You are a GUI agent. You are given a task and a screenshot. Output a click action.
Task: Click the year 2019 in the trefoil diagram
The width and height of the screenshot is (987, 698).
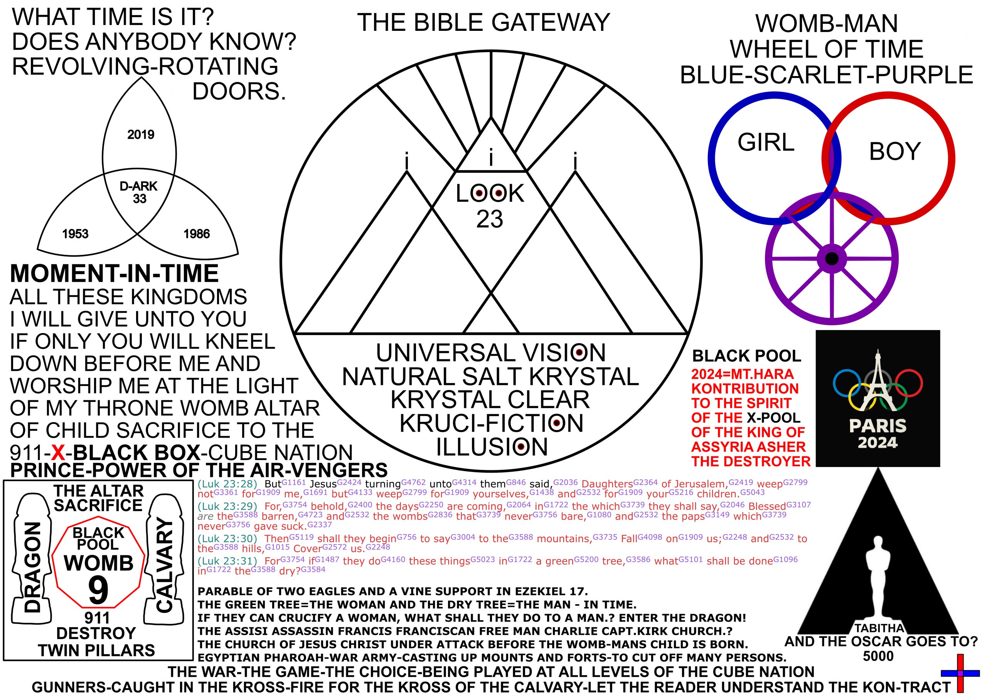coord(141,135)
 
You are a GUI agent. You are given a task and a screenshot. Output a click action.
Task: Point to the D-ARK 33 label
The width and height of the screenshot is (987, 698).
coord(139,192)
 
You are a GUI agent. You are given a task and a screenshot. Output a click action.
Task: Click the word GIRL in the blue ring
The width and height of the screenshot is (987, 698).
coord(766,142)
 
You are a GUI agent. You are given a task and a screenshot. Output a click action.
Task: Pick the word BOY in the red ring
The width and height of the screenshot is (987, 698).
coord(894,152)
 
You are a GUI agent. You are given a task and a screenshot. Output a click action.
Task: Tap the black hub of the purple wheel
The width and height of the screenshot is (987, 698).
coord(832,258)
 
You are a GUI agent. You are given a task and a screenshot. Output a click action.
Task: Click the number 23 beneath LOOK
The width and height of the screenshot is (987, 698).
coord(490,219)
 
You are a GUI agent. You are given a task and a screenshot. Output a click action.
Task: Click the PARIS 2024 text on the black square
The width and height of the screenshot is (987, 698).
coord(878,434)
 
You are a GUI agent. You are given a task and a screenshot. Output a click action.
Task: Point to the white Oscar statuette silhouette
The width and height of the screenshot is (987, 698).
coord(878,576)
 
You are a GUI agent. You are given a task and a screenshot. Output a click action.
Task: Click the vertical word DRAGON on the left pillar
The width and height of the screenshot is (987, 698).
coord(33,568)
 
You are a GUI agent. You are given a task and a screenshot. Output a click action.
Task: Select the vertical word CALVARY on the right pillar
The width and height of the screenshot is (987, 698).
coord(164,566)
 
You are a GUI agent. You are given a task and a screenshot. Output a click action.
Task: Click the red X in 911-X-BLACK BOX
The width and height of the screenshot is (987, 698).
coord(58,452)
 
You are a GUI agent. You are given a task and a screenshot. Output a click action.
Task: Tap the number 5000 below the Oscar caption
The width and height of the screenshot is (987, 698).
coord(878,656)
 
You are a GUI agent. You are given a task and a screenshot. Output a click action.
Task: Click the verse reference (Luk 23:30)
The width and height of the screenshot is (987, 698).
coord(227,538)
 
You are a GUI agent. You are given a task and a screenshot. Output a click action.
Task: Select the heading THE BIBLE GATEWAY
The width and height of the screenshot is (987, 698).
coord(483,22)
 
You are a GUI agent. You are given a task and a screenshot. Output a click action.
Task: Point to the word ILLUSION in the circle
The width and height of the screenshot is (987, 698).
coord(492,447)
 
